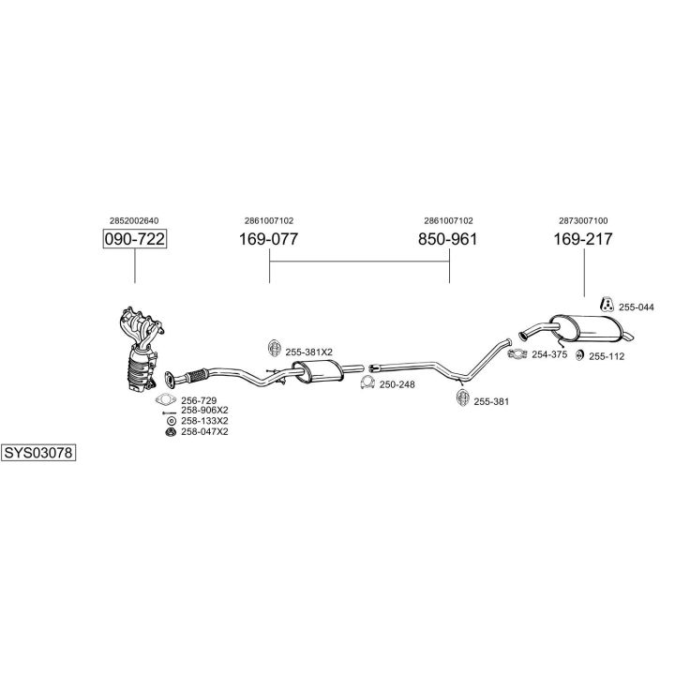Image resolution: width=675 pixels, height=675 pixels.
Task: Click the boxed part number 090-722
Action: tap(134, 239)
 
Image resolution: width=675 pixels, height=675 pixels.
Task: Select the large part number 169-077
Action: tap(268, 239)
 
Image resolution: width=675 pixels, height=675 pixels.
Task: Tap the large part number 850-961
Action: tap(447, 239)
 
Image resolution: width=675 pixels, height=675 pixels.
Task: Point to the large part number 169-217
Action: tap(582, 239)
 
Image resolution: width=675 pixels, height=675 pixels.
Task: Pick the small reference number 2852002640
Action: tap(134, 220)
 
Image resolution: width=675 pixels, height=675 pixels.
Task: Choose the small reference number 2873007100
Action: tap(582, 220)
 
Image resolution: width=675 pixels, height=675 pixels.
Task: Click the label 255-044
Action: tap(637, 307)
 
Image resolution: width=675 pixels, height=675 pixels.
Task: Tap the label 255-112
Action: tap(607, 356)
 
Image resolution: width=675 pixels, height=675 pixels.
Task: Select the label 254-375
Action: tap(549, 353)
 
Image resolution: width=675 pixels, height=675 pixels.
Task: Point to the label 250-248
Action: tap(397, 383)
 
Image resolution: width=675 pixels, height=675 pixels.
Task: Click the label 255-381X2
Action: tap(308, 352)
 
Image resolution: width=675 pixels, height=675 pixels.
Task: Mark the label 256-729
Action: tap(199, 399)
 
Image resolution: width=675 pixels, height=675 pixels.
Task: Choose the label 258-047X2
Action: tap(204, 431)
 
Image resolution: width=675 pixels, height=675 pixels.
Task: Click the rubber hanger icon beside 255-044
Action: tap(607, 304)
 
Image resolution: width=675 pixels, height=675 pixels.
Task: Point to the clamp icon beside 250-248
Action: tap(367, 383)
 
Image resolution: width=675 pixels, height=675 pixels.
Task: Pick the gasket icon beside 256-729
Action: tap(166, 399)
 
